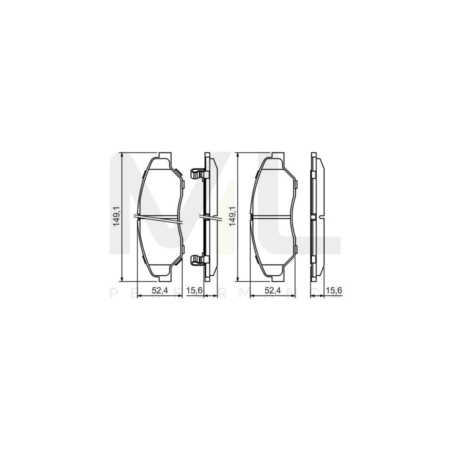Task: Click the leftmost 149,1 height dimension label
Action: click(116, 216)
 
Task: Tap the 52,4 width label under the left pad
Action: click(160, 289)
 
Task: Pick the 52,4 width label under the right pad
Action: click(272, 289)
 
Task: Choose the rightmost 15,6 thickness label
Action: click(331, 289)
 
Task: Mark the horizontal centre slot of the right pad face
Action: click(272, 217)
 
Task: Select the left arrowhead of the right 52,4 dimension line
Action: click(251, 296)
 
